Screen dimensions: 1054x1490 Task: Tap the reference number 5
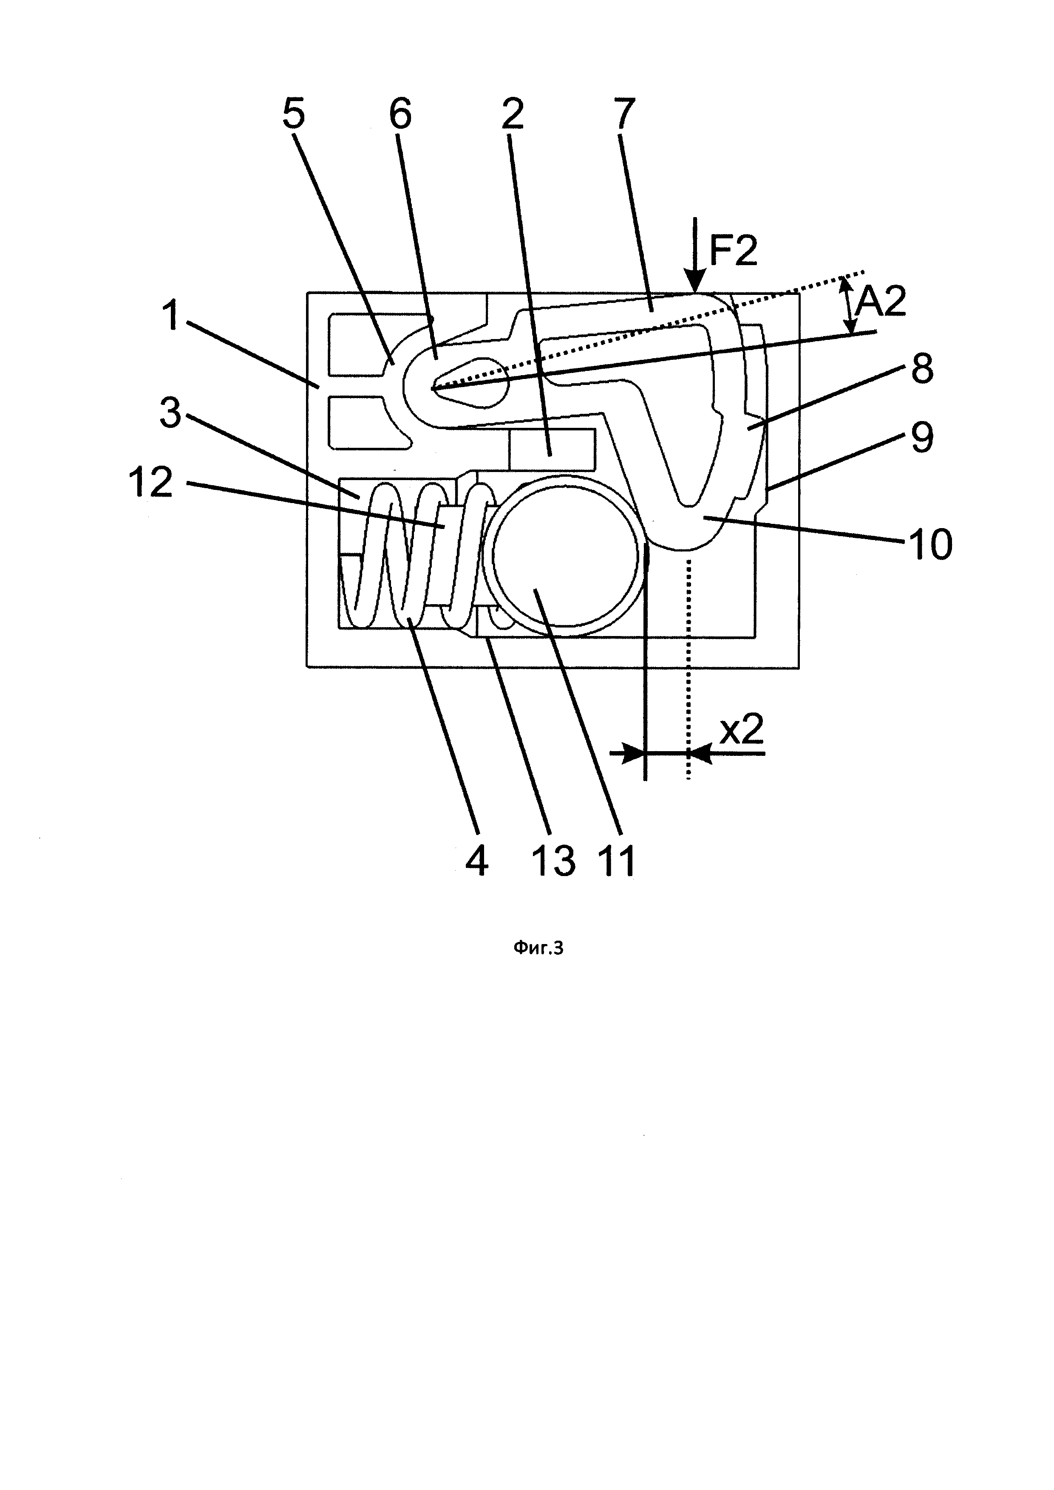pos(293,114)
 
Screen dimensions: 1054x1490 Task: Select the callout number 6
pos(400,114)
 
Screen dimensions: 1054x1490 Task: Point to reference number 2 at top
pos(512,114)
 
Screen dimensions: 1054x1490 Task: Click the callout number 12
pos(152,483)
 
